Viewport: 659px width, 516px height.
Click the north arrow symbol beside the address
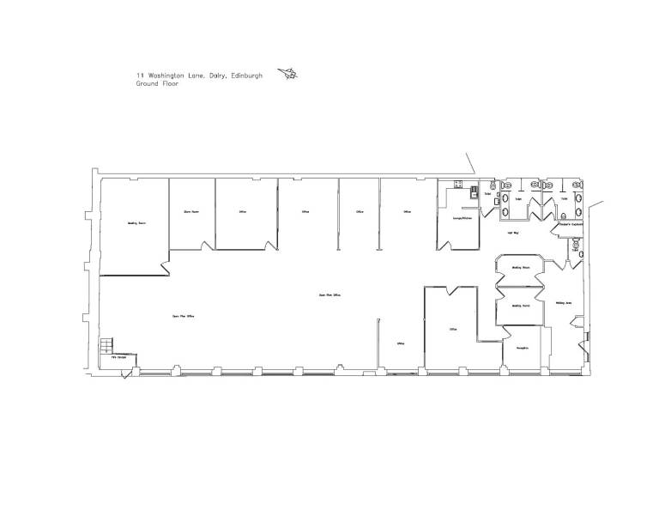[289, 76]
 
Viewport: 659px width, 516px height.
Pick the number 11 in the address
[139, 76]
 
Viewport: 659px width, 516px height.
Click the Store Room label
[191, 210]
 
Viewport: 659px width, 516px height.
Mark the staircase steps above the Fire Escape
[107, 345]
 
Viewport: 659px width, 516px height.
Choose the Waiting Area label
[564, 302]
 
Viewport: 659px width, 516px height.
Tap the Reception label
[521, 347]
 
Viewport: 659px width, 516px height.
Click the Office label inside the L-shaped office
[452, 328]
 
